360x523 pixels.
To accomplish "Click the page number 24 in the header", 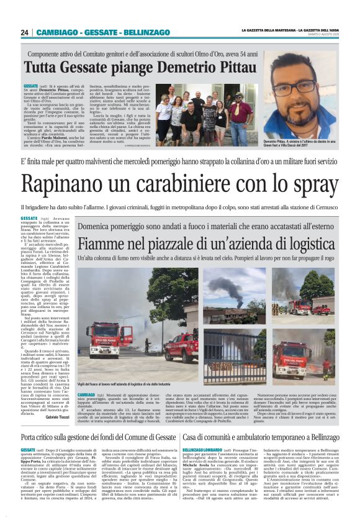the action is pos(25,32).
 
